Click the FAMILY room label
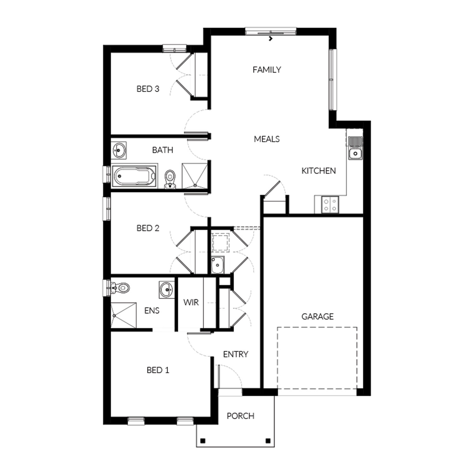tap(267, 70)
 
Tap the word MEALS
tap(267, 139)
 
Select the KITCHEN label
tap(319, 171)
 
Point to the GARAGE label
tap(318, 316)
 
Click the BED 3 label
tap(148, 89)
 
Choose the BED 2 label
tap(148, 228)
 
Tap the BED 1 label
tap(158, 370)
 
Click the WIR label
tap(191, 302)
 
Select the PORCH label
tap(240, 416)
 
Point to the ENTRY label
tap(236, 354)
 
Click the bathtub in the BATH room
tap(135, 176)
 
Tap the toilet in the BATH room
tap(170, 179)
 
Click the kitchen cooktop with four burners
tap(330, 204)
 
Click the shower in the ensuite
tap(124, 315)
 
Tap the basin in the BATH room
tap(119, 150)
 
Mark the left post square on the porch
tap(203, 441)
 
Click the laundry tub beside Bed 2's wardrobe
tap(217, 265)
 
